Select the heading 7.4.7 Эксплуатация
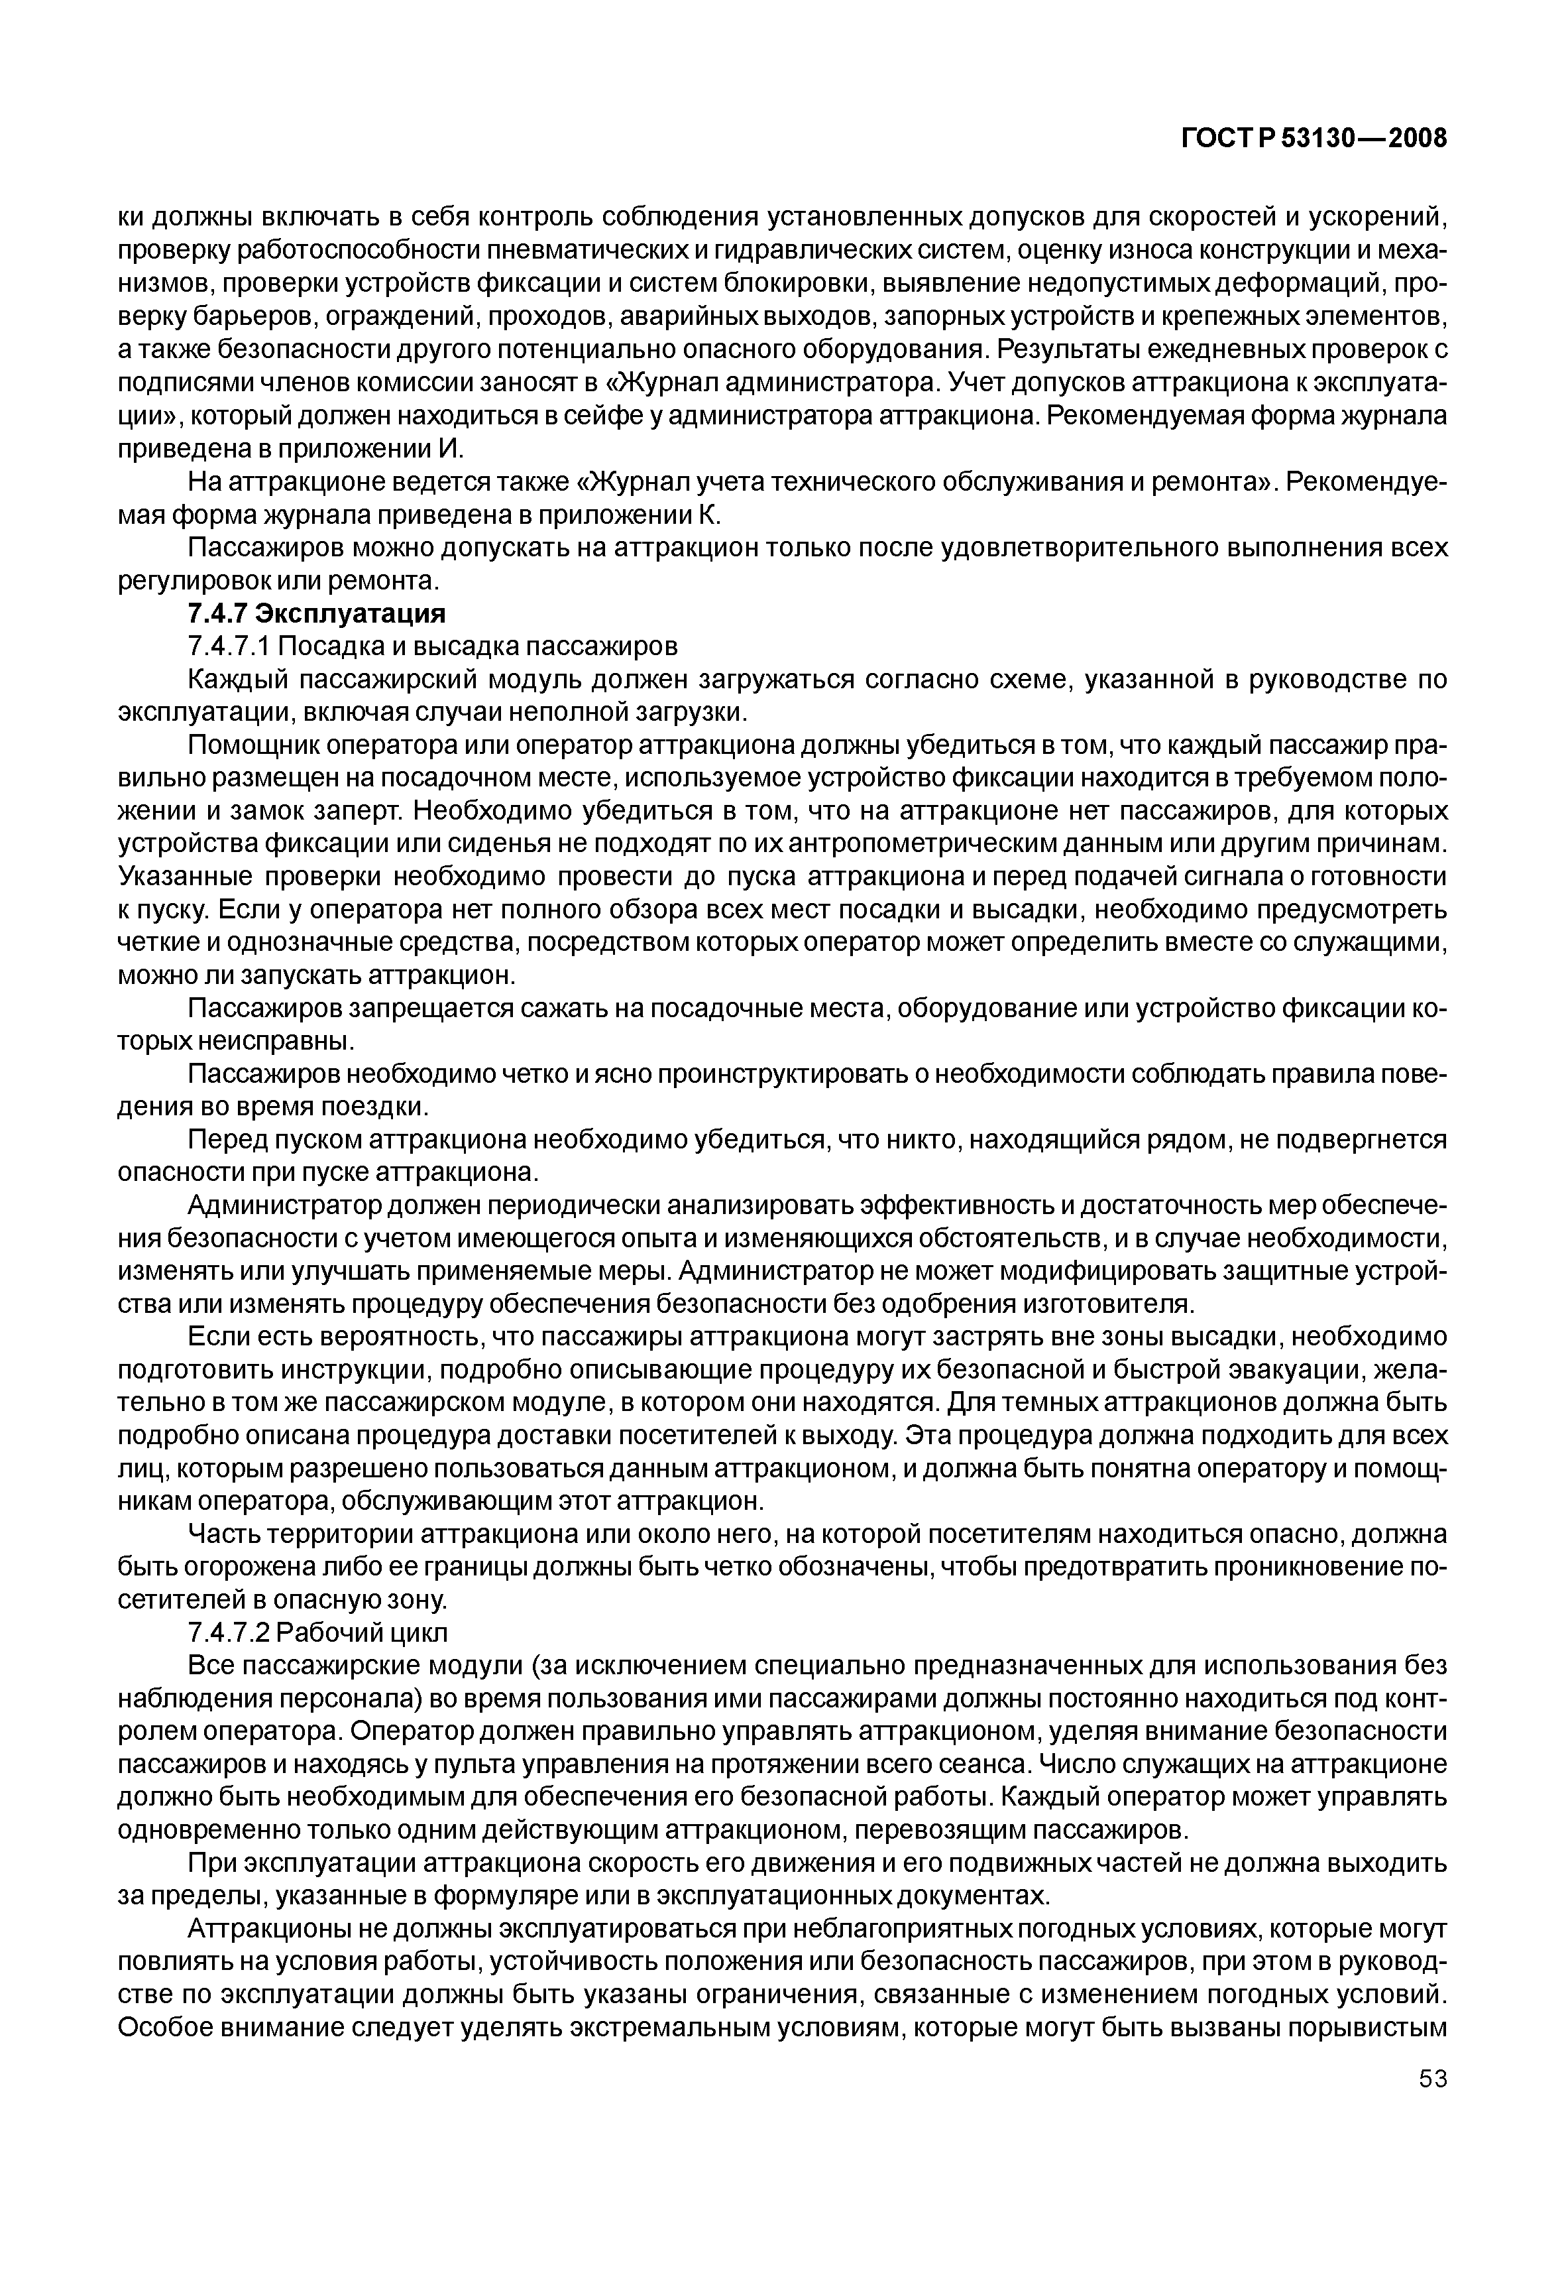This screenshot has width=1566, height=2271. point(316,615)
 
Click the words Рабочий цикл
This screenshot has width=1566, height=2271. point(364,1633)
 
